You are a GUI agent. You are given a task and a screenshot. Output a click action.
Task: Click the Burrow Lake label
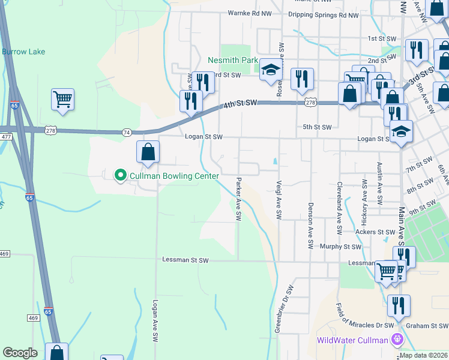click(x=23, y=52)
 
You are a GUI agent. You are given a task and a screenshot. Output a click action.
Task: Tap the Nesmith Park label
click(x=232, y=60)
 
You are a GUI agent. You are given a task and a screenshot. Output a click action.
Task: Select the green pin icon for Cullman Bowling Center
click(x=120, y=175)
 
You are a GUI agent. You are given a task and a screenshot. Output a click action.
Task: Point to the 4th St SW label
click(x=240, y=103)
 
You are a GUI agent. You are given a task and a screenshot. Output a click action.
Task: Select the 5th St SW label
click(x=317, y=127)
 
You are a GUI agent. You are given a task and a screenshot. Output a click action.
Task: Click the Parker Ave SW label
click(x=239, y=198)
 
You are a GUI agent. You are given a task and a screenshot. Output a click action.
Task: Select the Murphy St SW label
click(x=340, y=247)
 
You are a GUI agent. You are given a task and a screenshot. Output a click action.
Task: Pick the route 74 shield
click(x=126, y=131)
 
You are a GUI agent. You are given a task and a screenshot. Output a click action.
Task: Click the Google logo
click(x=20, y=353)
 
